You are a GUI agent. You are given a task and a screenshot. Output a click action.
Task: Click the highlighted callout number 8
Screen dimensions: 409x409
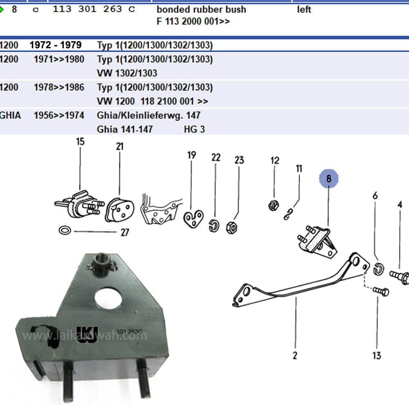point(329,179)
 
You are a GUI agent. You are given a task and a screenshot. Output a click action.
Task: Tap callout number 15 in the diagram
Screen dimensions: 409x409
point(80,142)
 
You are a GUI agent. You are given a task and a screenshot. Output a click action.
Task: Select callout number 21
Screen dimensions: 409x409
point(120,146)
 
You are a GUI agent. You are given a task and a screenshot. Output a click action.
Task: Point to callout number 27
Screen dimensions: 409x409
point(125,232)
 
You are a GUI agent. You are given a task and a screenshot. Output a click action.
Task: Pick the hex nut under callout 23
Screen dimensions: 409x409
point(231,227)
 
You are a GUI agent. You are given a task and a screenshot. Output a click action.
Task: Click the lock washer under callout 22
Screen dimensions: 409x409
point(214,226)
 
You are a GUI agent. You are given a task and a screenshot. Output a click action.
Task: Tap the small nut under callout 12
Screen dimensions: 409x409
point(273,205)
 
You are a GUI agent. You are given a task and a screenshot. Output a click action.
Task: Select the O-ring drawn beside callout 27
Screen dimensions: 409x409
point(65,230)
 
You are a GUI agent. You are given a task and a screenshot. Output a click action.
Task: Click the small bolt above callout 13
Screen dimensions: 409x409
point(381,291)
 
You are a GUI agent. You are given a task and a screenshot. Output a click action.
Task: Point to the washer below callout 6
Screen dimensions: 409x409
point(378,270)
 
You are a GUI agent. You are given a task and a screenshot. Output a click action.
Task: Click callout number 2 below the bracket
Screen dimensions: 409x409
point(295,355)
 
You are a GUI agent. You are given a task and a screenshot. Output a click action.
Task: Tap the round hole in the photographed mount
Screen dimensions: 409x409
point(108,298)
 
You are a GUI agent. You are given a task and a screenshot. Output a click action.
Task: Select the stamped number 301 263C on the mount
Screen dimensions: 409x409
point(129,332)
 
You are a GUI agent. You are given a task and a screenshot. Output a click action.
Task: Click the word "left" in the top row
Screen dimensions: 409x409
point(304,10)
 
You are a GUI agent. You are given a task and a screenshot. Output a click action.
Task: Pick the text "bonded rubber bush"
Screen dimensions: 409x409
point(201,10)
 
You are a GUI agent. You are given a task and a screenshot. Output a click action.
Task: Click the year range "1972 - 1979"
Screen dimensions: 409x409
point(56,45)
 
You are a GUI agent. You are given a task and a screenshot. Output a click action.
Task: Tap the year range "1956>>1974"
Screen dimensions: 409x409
point(59,115)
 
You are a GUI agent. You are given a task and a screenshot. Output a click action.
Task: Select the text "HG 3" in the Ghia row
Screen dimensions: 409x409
point(194,129)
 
